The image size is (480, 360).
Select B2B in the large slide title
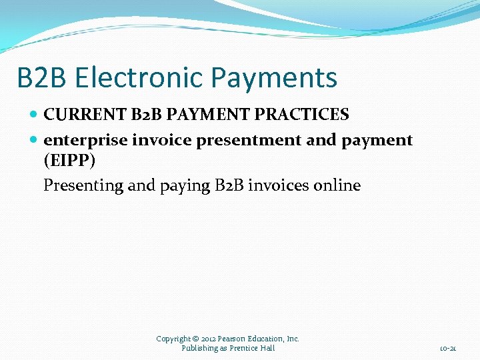[42, 78]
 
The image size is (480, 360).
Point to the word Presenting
[83, 185]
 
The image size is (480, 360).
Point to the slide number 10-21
[448, 348]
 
